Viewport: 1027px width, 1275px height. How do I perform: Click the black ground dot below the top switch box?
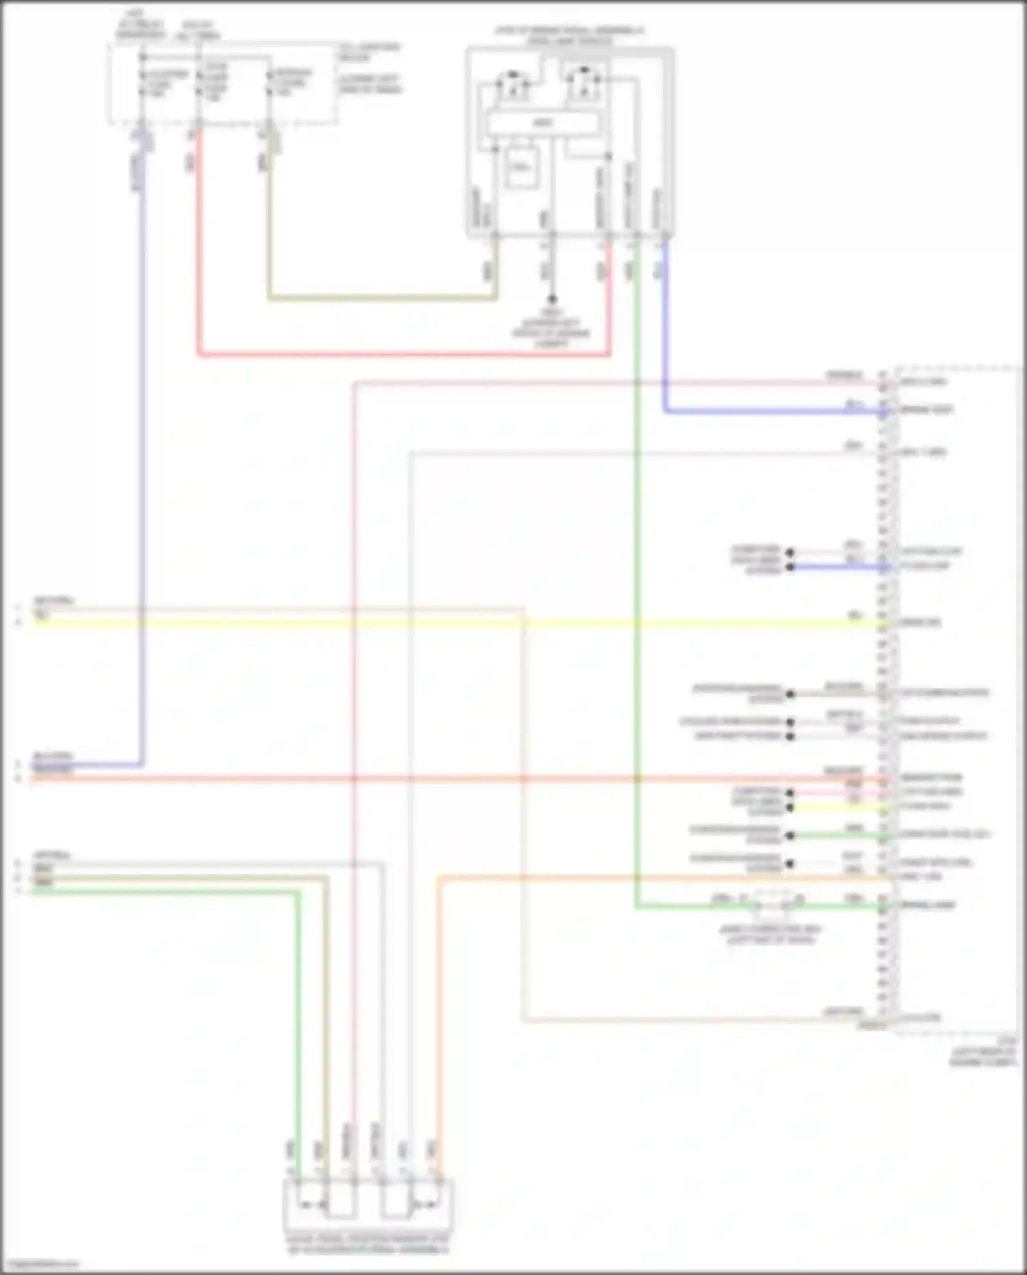(552, 299)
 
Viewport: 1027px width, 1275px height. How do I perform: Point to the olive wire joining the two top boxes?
(383, 298)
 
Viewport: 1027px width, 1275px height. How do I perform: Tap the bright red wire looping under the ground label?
(404, 355)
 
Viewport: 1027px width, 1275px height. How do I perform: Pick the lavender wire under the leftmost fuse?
(142, 480)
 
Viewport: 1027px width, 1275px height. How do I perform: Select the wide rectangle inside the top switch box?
(542, 123)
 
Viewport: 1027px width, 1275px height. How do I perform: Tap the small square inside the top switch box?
(521, 167)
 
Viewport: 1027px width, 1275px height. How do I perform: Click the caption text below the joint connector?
(770, 934)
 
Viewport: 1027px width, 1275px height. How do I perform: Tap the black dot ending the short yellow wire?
(790, 808)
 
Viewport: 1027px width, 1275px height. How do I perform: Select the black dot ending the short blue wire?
(790, 567)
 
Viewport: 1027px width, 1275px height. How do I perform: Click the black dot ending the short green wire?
(790, 836)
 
